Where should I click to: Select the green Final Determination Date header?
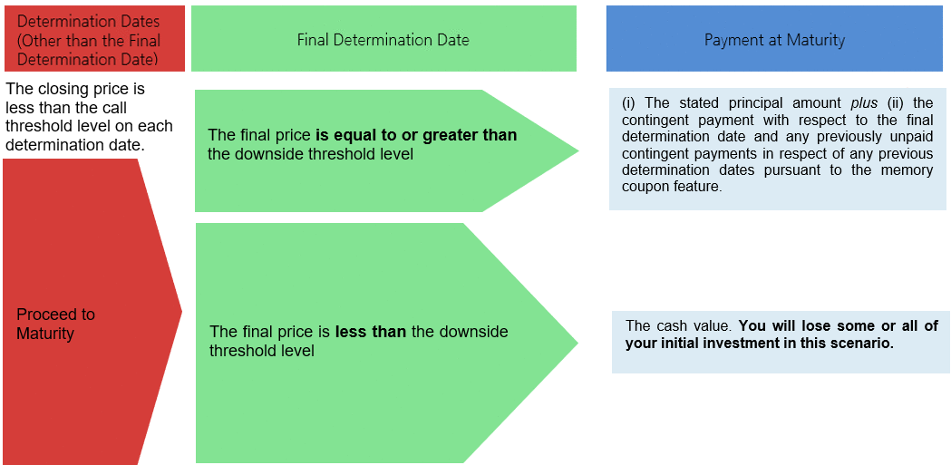(383, 39)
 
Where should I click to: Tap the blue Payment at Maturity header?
(774, 39)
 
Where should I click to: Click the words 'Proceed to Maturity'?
(56, 324)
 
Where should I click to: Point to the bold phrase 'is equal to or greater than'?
(417, 134)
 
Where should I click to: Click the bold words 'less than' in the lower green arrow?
(371, 332)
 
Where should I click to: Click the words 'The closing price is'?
(76, 90)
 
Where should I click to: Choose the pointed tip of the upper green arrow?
(578, 151)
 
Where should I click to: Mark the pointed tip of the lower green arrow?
(577, 344)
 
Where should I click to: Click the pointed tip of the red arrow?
(182, 311)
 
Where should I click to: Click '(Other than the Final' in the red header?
(89, 41)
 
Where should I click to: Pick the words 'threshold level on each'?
(89, 126)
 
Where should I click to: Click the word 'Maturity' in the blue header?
(816, 40)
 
